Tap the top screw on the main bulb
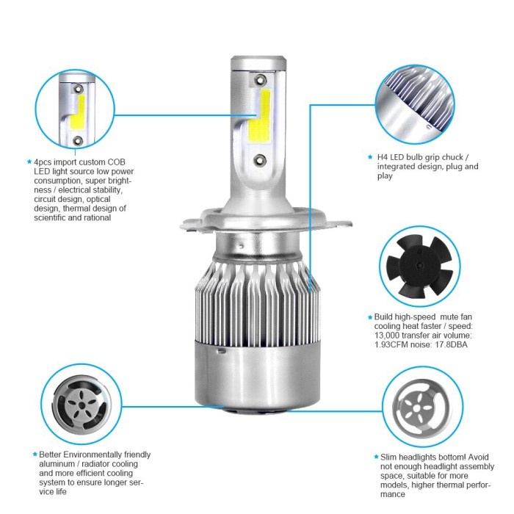[x=260, y=79]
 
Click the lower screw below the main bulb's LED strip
[x=260, y=159]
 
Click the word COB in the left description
[x=116, y=162]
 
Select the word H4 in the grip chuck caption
[x=383, y=157]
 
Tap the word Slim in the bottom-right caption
[x=388, y=457]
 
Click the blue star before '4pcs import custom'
[x=29, y=162]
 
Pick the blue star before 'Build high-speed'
[x=370, y=317]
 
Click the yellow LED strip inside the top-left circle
[x=78, y=112]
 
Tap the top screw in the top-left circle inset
[x=78, y=89]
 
